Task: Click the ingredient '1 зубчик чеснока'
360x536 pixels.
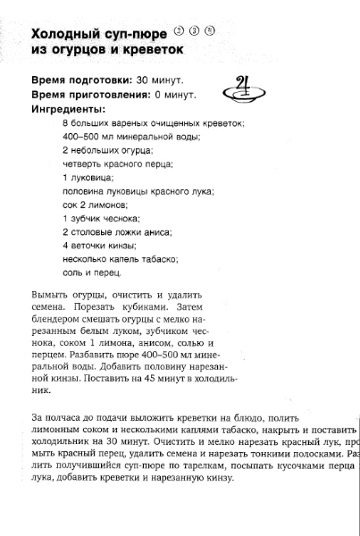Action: coord(101,217)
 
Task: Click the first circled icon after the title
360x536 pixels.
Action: coord(178,29)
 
